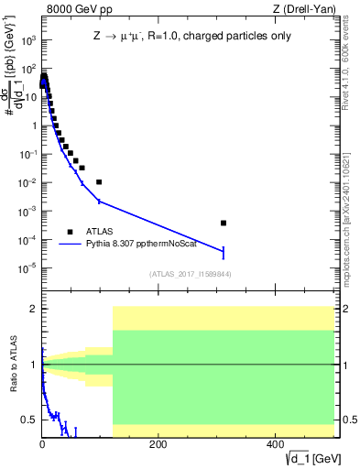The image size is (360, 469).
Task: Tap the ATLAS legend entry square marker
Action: tap(70, 232)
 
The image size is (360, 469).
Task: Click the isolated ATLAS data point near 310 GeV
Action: tap(224, 223)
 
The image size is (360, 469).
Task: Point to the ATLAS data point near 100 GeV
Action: tap(99, 182)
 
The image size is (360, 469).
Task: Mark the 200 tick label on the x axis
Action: tap(158, 444)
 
